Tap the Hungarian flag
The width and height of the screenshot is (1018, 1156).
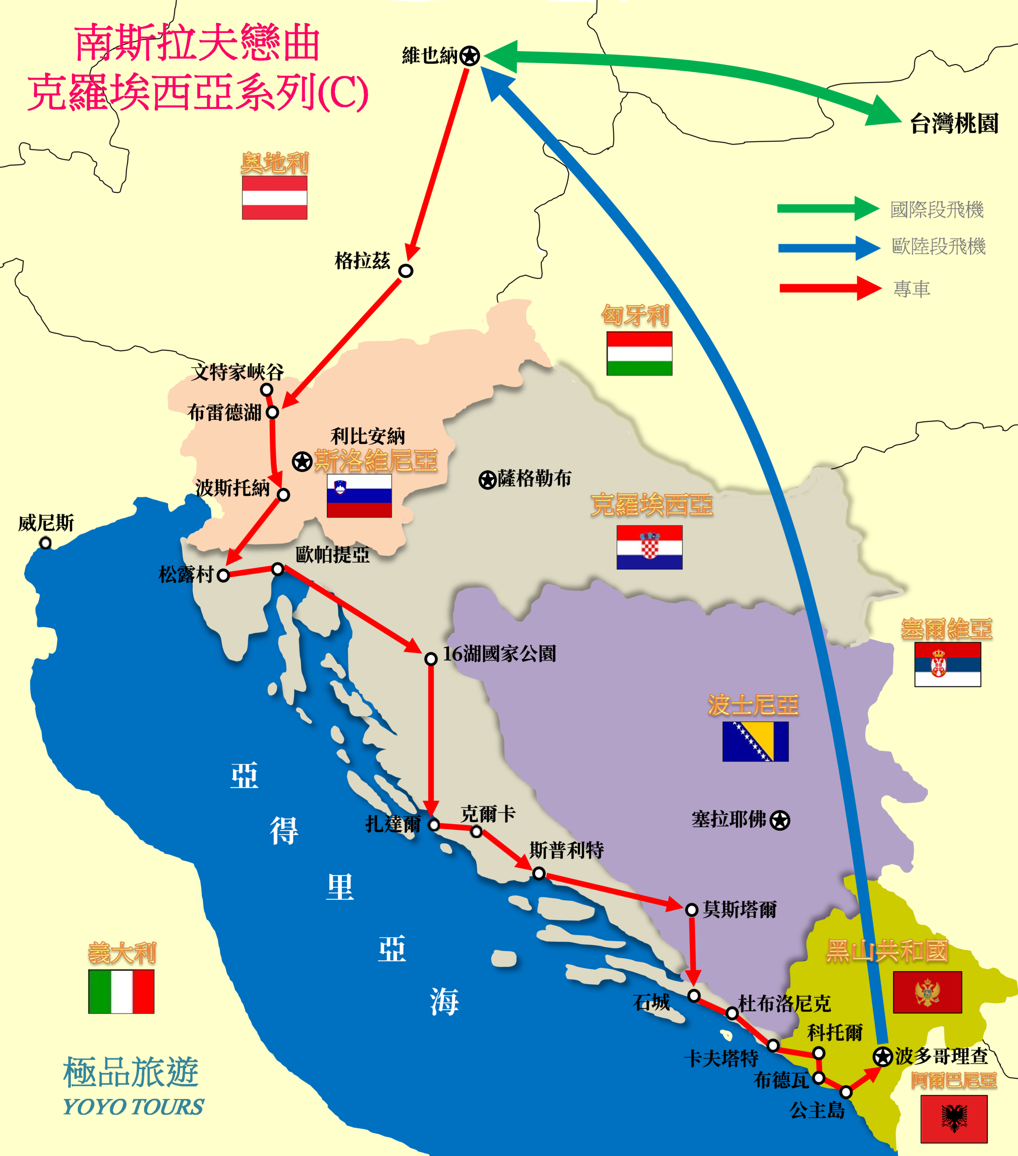(639, 354)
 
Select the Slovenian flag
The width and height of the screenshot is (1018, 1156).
(359, 495)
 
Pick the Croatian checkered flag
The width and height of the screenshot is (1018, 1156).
(649, 547)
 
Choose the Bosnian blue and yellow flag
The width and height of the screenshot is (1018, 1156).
(755, 741)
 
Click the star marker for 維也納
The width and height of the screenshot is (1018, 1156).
(469, 56)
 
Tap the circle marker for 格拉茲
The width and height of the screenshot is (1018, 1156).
(406, 270)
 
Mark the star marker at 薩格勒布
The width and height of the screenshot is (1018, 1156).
(487, 480)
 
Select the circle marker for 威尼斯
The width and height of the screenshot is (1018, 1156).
(45, 543)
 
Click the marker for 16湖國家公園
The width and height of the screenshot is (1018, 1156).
(430, 659)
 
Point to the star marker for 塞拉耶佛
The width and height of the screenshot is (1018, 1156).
(780, 820)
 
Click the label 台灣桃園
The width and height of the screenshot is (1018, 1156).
(954, 123)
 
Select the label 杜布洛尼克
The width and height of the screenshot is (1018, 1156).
(785, 1003)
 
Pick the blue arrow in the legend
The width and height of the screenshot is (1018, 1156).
(829, 247)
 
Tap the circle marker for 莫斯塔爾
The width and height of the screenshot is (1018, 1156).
(691, 909)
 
